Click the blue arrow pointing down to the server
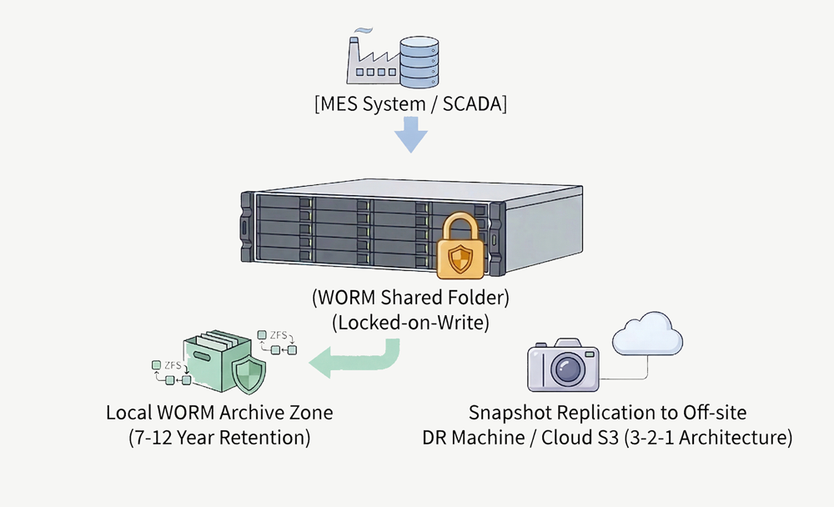click(x=411, y=134)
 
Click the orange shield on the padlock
click(x=460, y=260)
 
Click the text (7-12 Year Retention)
click(x=219, y=438)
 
